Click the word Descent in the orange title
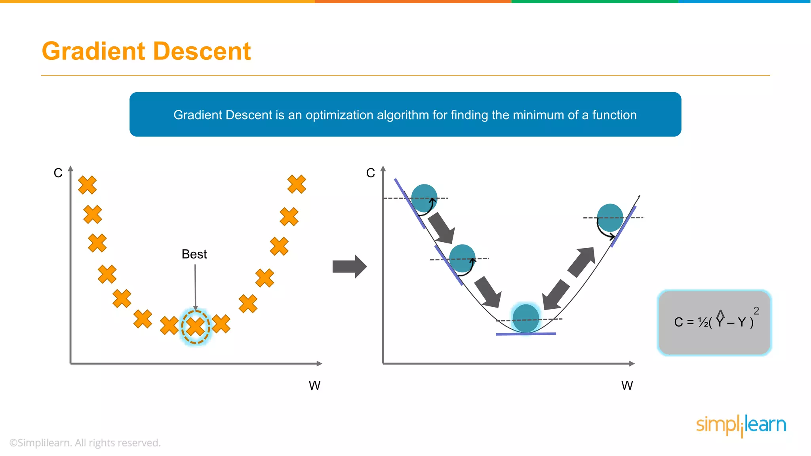click(202, 51)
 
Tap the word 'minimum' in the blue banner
click(538, 115)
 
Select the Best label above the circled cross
click(194, 254)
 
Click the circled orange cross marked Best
click(196, 327)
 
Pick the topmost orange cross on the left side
click(88, 185)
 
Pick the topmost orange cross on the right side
click(297, 184)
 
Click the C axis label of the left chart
click(58, 173)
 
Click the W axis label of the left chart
click(314, 386)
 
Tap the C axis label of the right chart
click(370, 173)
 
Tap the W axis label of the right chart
click(627, 386)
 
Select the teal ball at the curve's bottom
click(526, 318)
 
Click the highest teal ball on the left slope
click(424, 198)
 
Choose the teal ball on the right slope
click(610, 218)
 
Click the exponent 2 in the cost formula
click(756, 311)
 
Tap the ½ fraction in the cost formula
click(703, 323)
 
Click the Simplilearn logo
click(741, 425)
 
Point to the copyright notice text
click(85, 443)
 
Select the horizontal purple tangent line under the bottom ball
click(526, 334)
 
